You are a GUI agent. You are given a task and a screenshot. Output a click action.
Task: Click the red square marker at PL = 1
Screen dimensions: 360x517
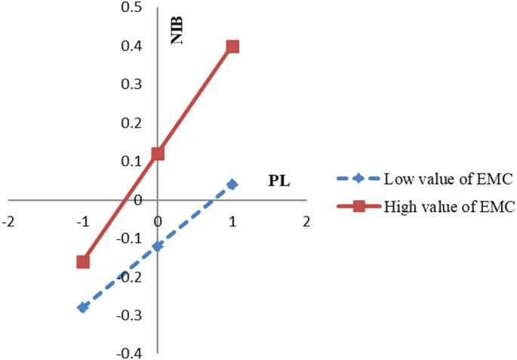point(232,47)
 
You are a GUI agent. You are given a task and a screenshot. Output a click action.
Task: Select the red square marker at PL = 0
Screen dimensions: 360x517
point(158,154)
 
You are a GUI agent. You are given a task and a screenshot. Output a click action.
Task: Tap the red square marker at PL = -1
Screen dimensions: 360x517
point(83,262)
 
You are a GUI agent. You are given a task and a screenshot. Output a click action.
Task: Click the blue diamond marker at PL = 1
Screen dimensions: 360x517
point(232,184)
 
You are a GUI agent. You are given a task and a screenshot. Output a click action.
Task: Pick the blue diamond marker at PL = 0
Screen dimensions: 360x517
point(158,246)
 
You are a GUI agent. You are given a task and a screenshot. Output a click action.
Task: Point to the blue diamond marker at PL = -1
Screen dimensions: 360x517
point(83,307)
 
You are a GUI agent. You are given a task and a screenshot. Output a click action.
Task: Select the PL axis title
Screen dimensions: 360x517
point(279,181)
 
